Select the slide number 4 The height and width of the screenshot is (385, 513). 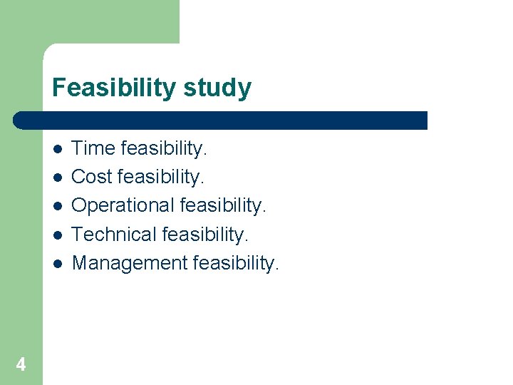tap(21, 365)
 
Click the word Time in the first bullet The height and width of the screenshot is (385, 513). tap(94, 148)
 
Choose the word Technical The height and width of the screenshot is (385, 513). tap(115, 234)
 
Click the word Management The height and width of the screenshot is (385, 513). tap(130, 263)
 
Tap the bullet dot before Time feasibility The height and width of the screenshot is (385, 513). tap(57, 149)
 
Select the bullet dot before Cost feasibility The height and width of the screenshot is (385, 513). tap(57, 178)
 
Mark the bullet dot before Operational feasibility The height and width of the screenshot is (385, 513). tap(57, 206)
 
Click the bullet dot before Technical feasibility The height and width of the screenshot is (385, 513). tap(57, 235)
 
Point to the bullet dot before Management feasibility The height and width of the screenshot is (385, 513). tap(57, 263)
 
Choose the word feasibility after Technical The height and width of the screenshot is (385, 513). tap(206, 234)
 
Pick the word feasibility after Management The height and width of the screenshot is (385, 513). tap(237, 263)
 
